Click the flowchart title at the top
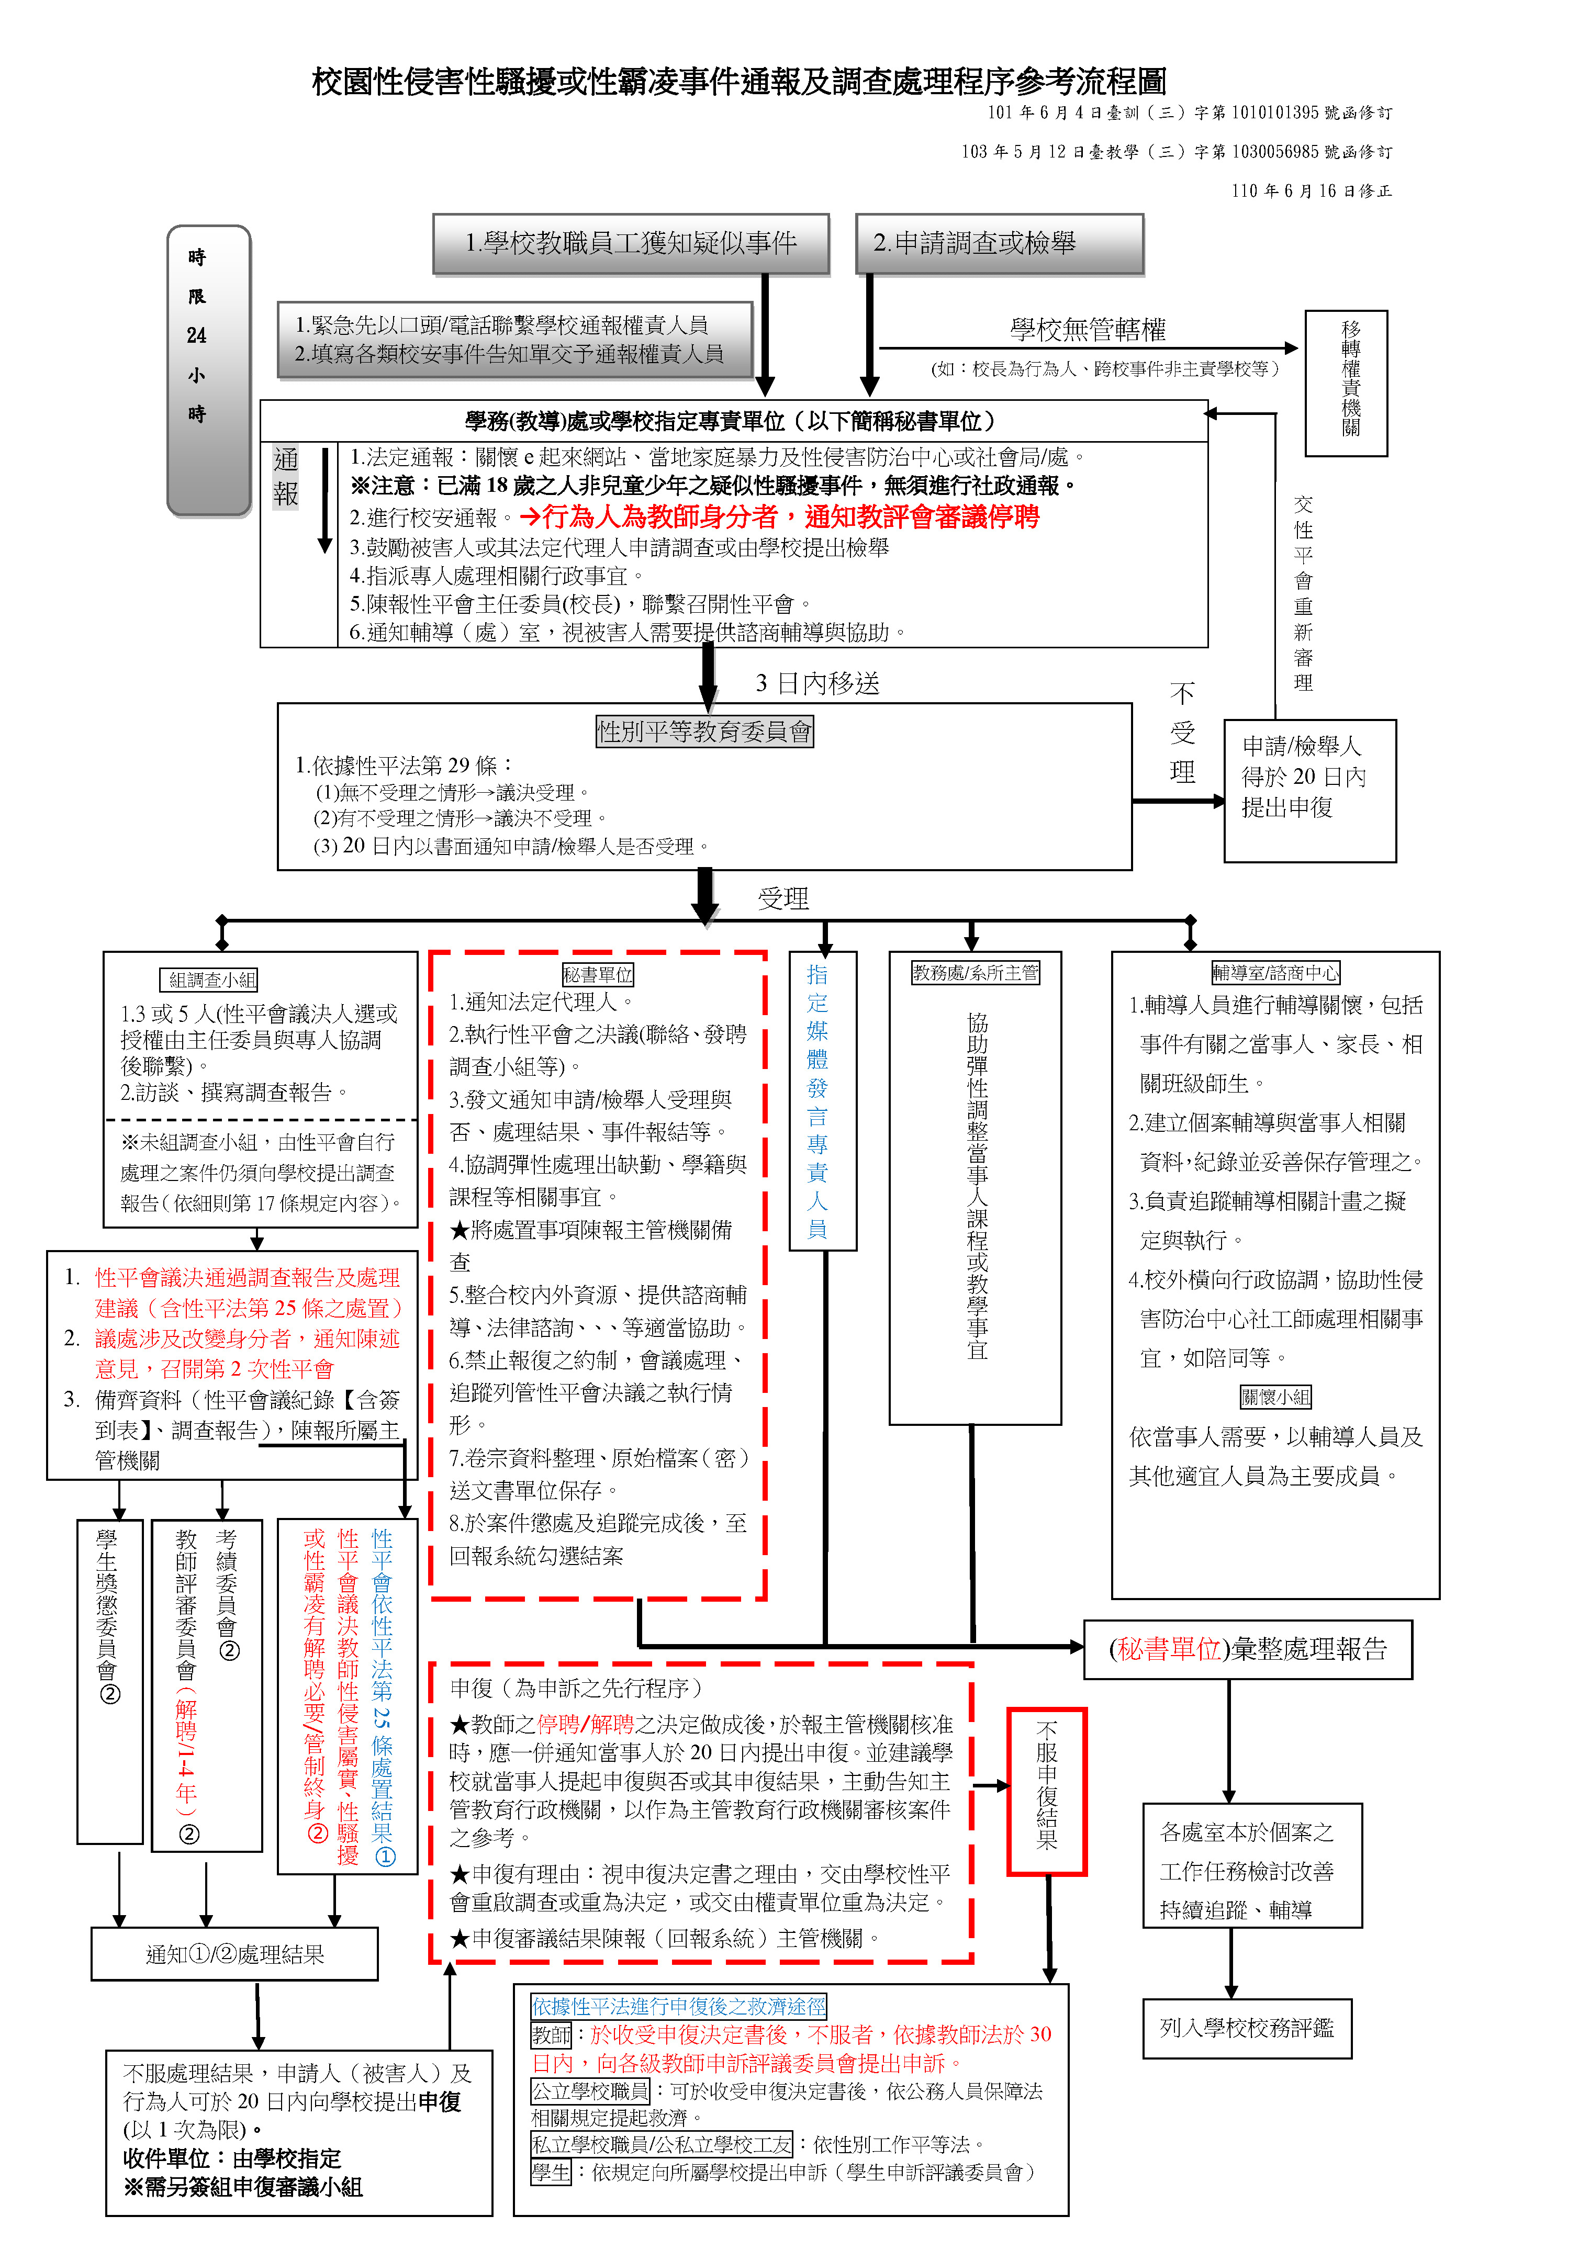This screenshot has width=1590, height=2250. (x=739, y=81)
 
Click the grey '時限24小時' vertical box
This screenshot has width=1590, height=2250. (x=209, y=370)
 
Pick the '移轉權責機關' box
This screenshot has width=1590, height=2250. (x=1346, y=383)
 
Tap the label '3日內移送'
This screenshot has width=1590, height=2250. (x=818, y=683)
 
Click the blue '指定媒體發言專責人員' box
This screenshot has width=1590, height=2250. (x=822, y=1100)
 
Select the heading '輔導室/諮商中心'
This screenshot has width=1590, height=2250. (x=1275, y=972)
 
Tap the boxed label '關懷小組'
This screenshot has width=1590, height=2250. (x=1275, y=1397)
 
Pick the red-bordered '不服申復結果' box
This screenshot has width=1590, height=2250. (x=1047, y=1792)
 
